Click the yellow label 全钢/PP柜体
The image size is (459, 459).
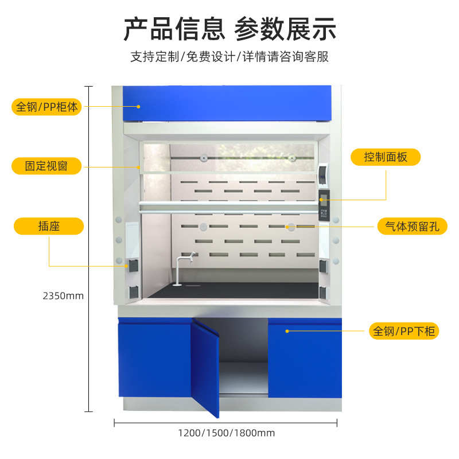46,107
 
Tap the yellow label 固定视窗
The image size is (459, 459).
46,166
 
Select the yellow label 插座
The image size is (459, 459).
49,226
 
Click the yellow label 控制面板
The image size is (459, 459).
386,157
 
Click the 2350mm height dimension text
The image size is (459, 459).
63,296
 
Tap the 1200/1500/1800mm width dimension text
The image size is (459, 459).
226,433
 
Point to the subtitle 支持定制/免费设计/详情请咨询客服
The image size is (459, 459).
229,57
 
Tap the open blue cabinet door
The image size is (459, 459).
205,367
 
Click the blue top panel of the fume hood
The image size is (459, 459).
228,103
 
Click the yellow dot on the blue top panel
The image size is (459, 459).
138,106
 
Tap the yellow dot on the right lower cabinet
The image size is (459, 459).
286,331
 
